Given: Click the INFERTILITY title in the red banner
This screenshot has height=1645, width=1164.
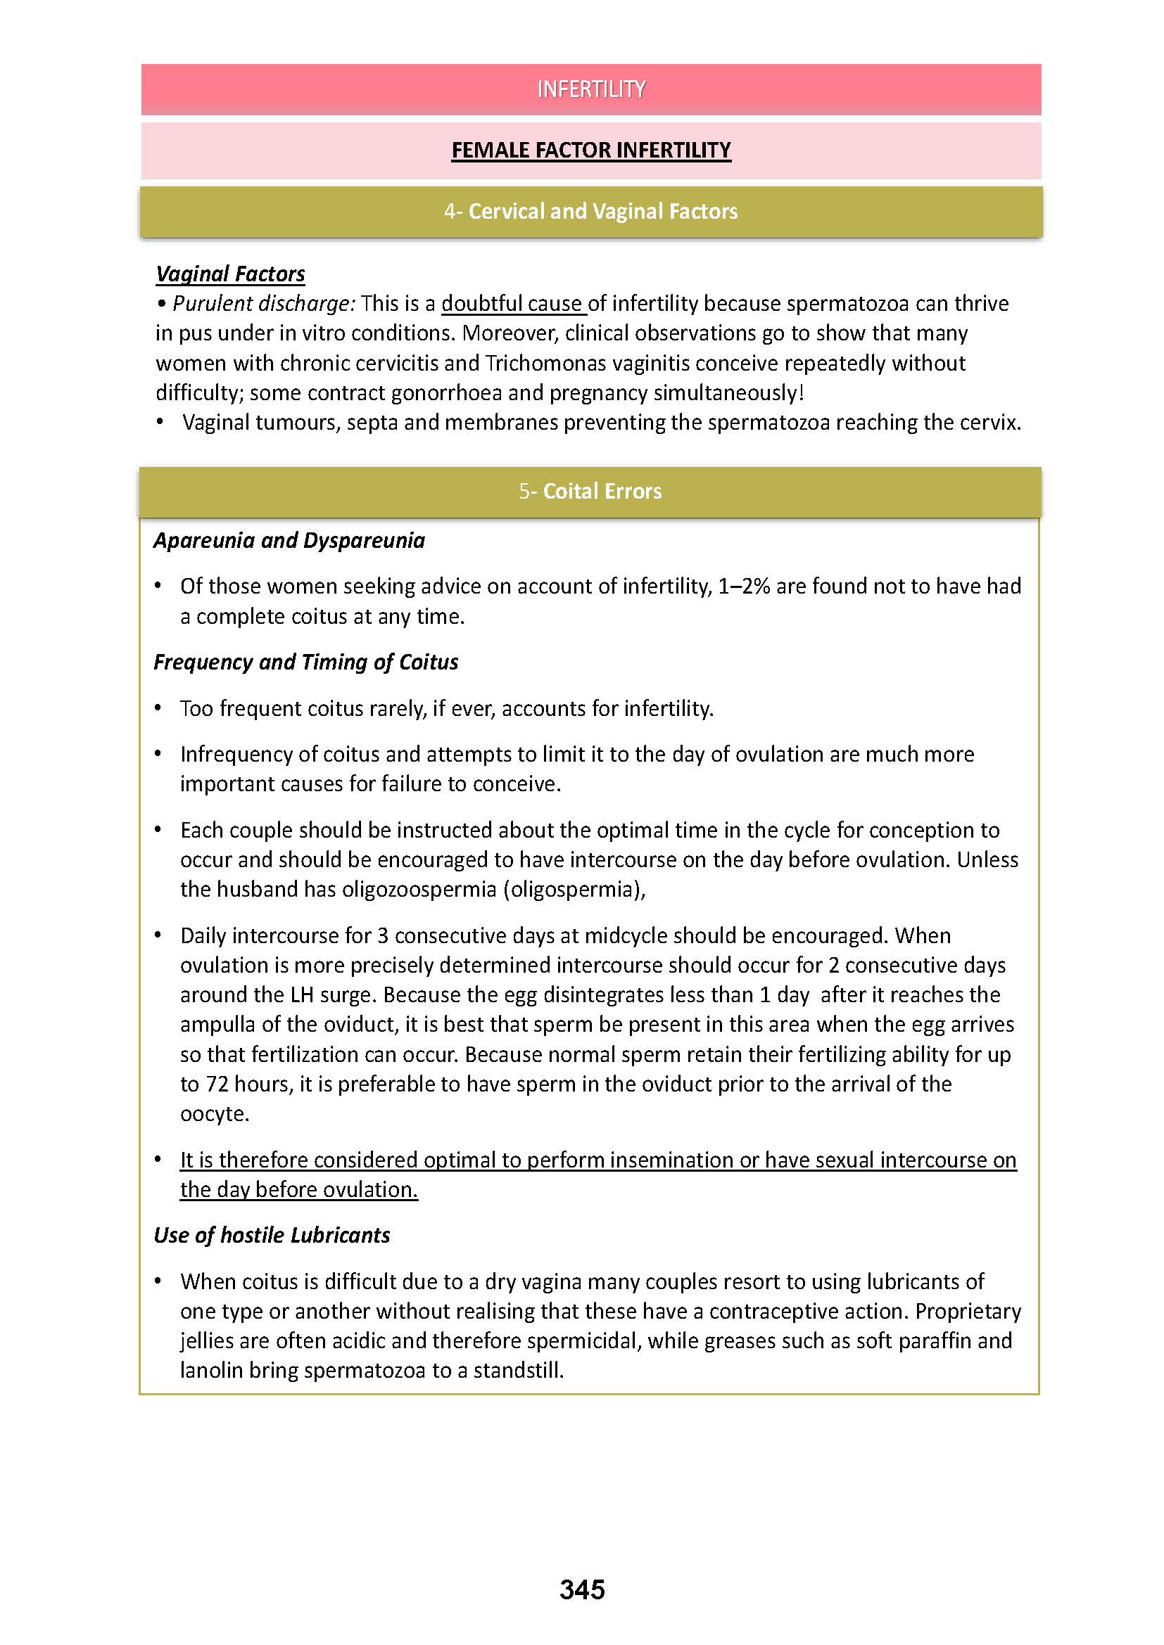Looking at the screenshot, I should click(590, 89).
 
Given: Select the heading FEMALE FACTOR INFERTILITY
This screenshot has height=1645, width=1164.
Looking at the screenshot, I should click(590, 150).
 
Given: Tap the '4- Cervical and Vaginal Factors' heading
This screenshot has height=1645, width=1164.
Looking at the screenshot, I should click(590, 212).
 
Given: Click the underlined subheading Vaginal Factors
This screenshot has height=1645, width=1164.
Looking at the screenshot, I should click(230, 274).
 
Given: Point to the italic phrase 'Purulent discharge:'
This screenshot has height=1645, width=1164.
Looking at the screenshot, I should click(263, 304).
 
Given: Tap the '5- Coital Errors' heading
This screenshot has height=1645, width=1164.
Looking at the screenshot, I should click(590, 492).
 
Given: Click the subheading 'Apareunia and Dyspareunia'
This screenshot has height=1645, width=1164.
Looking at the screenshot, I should click(289, 540).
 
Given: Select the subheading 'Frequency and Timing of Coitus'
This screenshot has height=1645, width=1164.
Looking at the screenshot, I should click(306, 662).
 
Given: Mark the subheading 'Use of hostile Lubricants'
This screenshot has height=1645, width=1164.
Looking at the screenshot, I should click(272, 1235).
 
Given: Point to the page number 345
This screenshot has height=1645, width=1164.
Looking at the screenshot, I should click(582, 1590).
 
